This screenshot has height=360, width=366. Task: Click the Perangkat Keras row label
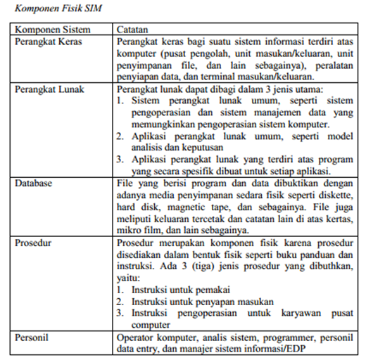coord(47,43)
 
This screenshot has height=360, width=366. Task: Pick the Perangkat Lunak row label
coord(47,90)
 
